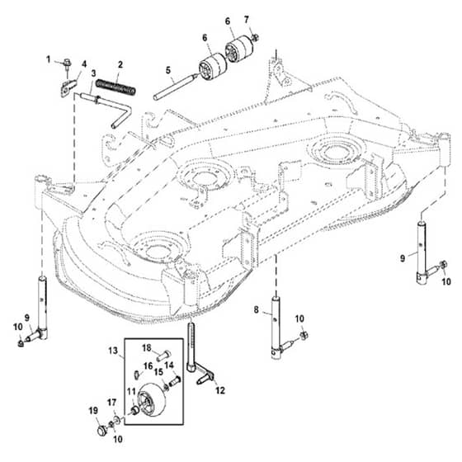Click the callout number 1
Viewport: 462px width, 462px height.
click(x=49, y=59)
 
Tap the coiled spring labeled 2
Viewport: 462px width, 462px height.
click(x=116, y=87)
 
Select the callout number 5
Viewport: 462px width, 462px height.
click(x=168, y=70)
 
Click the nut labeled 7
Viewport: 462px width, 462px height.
click(x=255, y=37)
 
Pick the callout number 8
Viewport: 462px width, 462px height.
click(x=256, y=309)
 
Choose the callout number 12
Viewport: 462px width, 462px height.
click(x=220, y=390)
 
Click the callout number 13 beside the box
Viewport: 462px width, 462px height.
click(x=113, y=351)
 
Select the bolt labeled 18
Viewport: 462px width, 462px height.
click(x=164, y=354)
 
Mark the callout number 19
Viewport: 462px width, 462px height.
click(x=93, y=411)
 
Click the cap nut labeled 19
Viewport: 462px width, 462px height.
click(x=101, y=430)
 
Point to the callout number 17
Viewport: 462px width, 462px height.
click(x=111, y=403)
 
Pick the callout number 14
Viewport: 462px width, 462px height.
click(x=169, y=365)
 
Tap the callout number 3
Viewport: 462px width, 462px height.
click(x=93, y=73)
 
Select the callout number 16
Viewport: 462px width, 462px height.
click(x=148, y=366)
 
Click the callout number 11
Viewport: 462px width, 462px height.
click(x=131, y=392)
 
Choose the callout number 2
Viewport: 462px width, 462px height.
click(x=120, y=64)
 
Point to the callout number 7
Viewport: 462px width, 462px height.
click(x=247, y=20)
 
